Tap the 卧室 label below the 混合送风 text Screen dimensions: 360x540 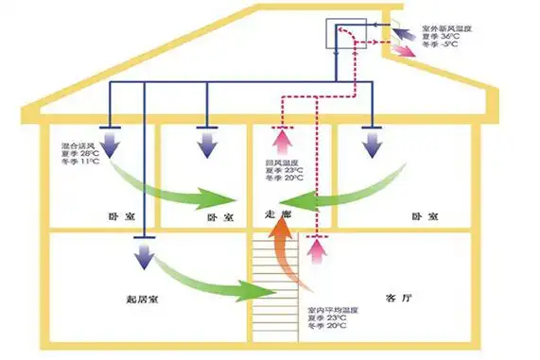[116, 216]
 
